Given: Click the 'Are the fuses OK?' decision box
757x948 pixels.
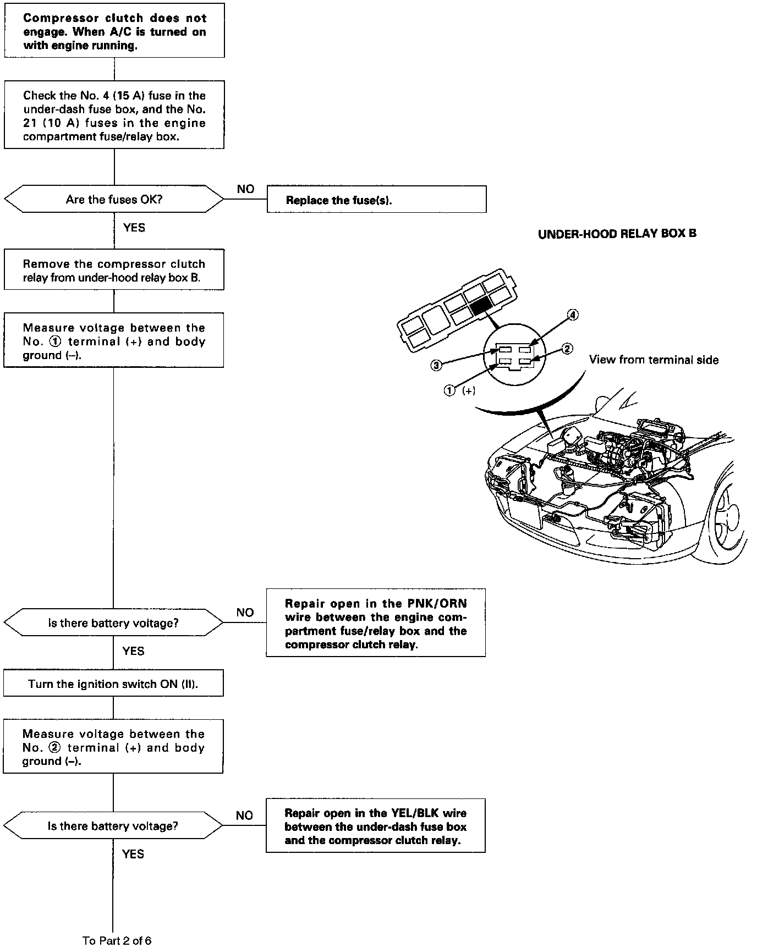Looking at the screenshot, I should point(114,199).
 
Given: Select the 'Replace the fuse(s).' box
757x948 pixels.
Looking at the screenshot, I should point(376,200).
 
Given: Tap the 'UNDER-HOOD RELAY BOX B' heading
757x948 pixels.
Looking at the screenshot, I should point(617,234).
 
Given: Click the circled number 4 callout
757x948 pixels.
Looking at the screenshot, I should point(573,315).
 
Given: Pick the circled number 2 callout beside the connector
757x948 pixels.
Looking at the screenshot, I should point(567,349).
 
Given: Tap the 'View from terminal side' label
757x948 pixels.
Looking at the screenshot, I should point(654,360).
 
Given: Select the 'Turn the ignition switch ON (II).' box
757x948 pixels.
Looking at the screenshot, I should point(113,684).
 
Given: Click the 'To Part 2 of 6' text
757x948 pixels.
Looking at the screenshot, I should point(117,940).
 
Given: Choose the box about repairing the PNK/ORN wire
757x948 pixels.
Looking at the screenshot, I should point(376,624).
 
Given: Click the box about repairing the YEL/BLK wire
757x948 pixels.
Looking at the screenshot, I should point(376,826).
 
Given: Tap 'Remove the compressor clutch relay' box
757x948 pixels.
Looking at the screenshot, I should point(114,270).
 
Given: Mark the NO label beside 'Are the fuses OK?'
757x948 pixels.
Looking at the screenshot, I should point(245,189).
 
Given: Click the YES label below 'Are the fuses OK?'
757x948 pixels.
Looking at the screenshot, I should point(134,228).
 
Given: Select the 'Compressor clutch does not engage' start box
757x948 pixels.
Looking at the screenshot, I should point(114,31).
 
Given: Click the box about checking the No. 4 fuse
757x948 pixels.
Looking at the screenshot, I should point(114,115).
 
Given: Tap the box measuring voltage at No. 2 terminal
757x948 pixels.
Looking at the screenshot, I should point(113,747).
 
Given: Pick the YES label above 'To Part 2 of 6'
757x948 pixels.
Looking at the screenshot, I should point(133,853).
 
